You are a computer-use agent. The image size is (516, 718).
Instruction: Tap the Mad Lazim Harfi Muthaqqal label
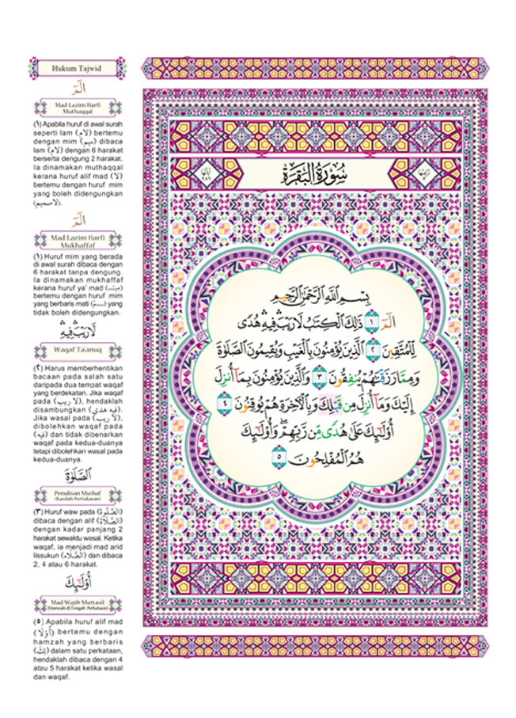(75, 108)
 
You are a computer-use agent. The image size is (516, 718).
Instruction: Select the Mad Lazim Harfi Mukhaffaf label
(75, 238)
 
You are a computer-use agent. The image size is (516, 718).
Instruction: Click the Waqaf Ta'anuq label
(75, 348)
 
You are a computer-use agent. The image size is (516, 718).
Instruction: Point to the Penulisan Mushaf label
(75, 496)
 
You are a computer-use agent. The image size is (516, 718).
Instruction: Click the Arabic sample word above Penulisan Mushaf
(76, 476)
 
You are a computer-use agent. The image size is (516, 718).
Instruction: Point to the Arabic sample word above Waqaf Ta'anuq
(75, 330)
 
